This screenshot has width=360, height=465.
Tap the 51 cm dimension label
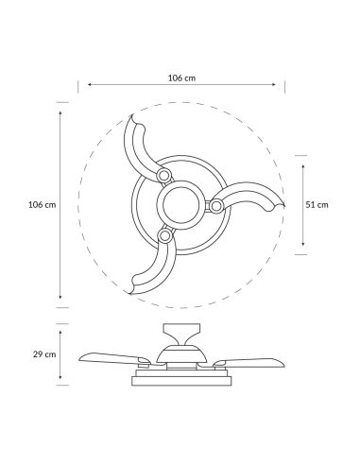point(317,203)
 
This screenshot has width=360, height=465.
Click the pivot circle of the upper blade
point(163,176)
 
